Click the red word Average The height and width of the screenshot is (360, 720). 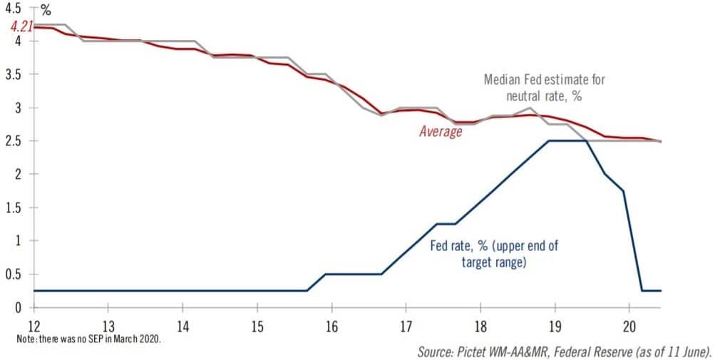tap(441, 131)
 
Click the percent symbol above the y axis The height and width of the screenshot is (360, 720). tap(46, 10)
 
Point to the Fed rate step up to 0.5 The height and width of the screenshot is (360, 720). tap(317, 282)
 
